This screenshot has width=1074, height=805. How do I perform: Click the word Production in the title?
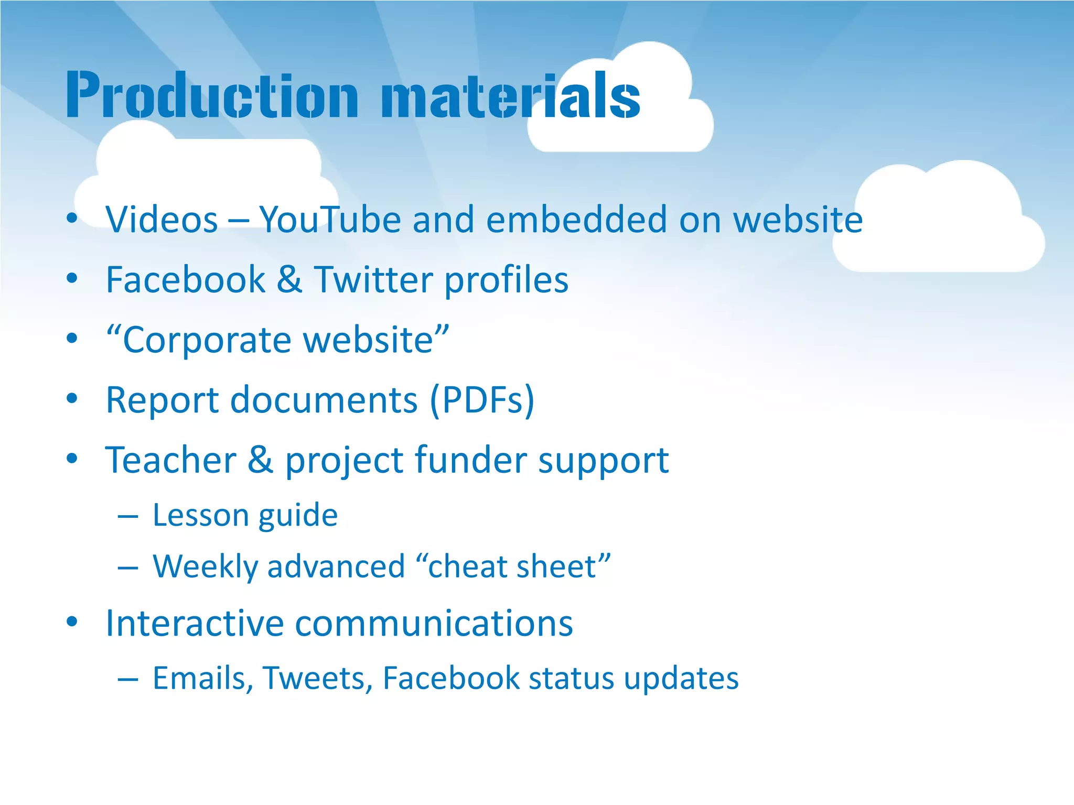coord(212,95)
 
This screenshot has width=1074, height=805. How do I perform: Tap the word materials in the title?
coord(510,95)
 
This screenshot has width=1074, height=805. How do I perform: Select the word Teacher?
coord(171,460)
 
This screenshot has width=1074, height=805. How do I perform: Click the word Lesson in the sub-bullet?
coord(200,515)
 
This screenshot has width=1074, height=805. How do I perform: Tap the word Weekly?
coord(205,567)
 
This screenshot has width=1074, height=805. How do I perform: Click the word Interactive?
coord(195,623)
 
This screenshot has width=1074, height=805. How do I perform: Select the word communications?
coord(434,623)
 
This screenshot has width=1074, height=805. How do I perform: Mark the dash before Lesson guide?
coord(128,516)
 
